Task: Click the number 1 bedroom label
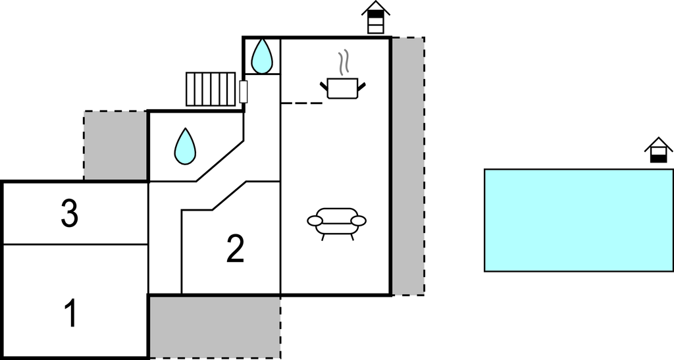click(x=71, y=313)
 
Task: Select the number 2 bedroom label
click(x=235, y=248)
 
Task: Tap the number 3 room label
click(x=70, y=213)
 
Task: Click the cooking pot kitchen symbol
click(x=343, y=88)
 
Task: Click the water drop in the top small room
click(x=262, y=57)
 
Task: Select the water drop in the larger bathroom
click(x=185, y=146)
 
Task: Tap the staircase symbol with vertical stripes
click(x=211, y=89)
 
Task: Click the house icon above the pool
click(x=658, y=150)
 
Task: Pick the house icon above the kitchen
click(x=376, y=17)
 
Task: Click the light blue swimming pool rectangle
click(x=579, y=220)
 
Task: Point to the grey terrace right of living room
click(x=408, y=167)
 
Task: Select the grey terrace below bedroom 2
click(x=215, y=327)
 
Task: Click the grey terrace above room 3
click(x=116, y=145)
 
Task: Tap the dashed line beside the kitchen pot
click(x=301, y=103)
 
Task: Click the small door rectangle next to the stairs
click(x=244, y=91)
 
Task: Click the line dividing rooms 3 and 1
click(x=76, y=245)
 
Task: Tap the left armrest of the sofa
click(x=315, y=221)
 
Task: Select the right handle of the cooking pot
click(x=362, y=88)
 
